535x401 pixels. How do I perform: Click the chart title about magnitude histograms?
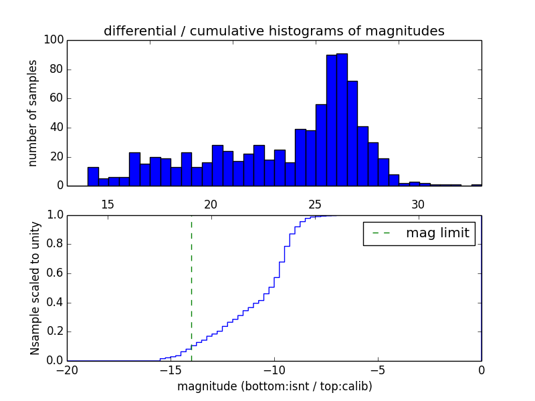point(274,31)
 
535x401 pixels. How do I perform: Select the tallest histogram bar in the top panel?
point(342,120)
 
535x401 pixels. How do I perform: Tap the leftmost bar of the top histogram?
point(93,176)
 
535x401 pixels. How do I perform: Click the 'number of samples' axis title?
point(33,113)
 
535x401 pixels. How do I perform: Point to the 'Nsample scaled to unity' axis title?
point(35,288)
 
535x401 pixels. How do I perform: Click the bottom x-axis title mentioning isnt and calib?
point(274,386)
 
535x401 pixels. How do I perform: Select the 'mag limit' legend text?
point(437,233)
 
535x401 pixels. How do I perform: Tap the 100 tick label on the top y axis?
point(54,40)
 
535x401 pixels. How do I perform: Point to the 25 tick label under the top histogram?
point(315,204)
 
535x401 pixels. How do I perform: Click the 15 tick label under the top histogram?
point(108,204)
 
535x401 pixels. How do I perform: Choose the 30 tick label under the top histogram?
point(419,204)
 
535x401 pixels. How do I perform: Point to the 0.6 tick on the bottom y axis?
point(54,273)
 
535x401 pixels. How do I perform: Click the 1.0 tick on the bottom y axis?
point(54,215)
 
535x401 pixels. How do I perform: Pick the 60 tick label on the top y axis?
point(56,98)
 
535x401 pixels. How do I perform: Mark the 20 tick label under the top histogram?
point(211,204)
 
